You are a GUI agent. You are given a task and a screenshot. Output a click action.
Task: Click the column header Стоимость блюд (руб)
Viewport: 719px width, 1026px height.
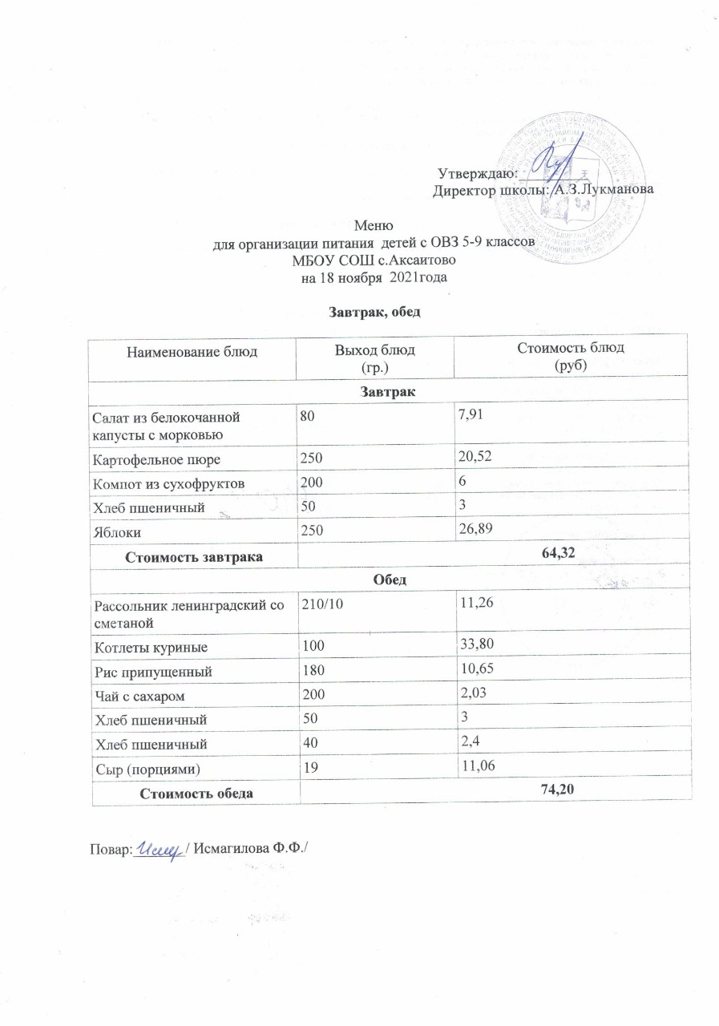(572, 354)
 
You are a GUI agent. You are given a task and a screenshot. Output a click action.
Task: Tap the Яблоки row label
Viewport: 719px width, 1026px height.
(115, 531)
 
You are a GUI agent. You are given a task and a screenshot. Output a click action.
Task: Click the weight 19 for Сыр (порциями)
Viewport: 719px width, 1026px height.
(309, 768)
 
